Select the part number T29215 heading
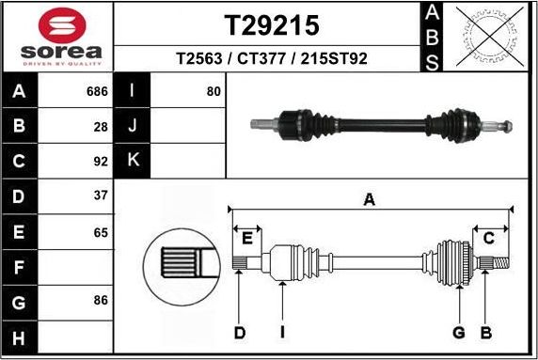271,24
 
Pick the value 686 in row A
97,92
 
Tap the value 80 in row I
214,92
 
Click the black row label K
133,161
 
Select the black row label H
20,336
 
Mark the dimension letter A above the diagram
370,198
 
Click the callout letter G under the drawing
459,332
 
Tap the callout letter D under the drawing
239,332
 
